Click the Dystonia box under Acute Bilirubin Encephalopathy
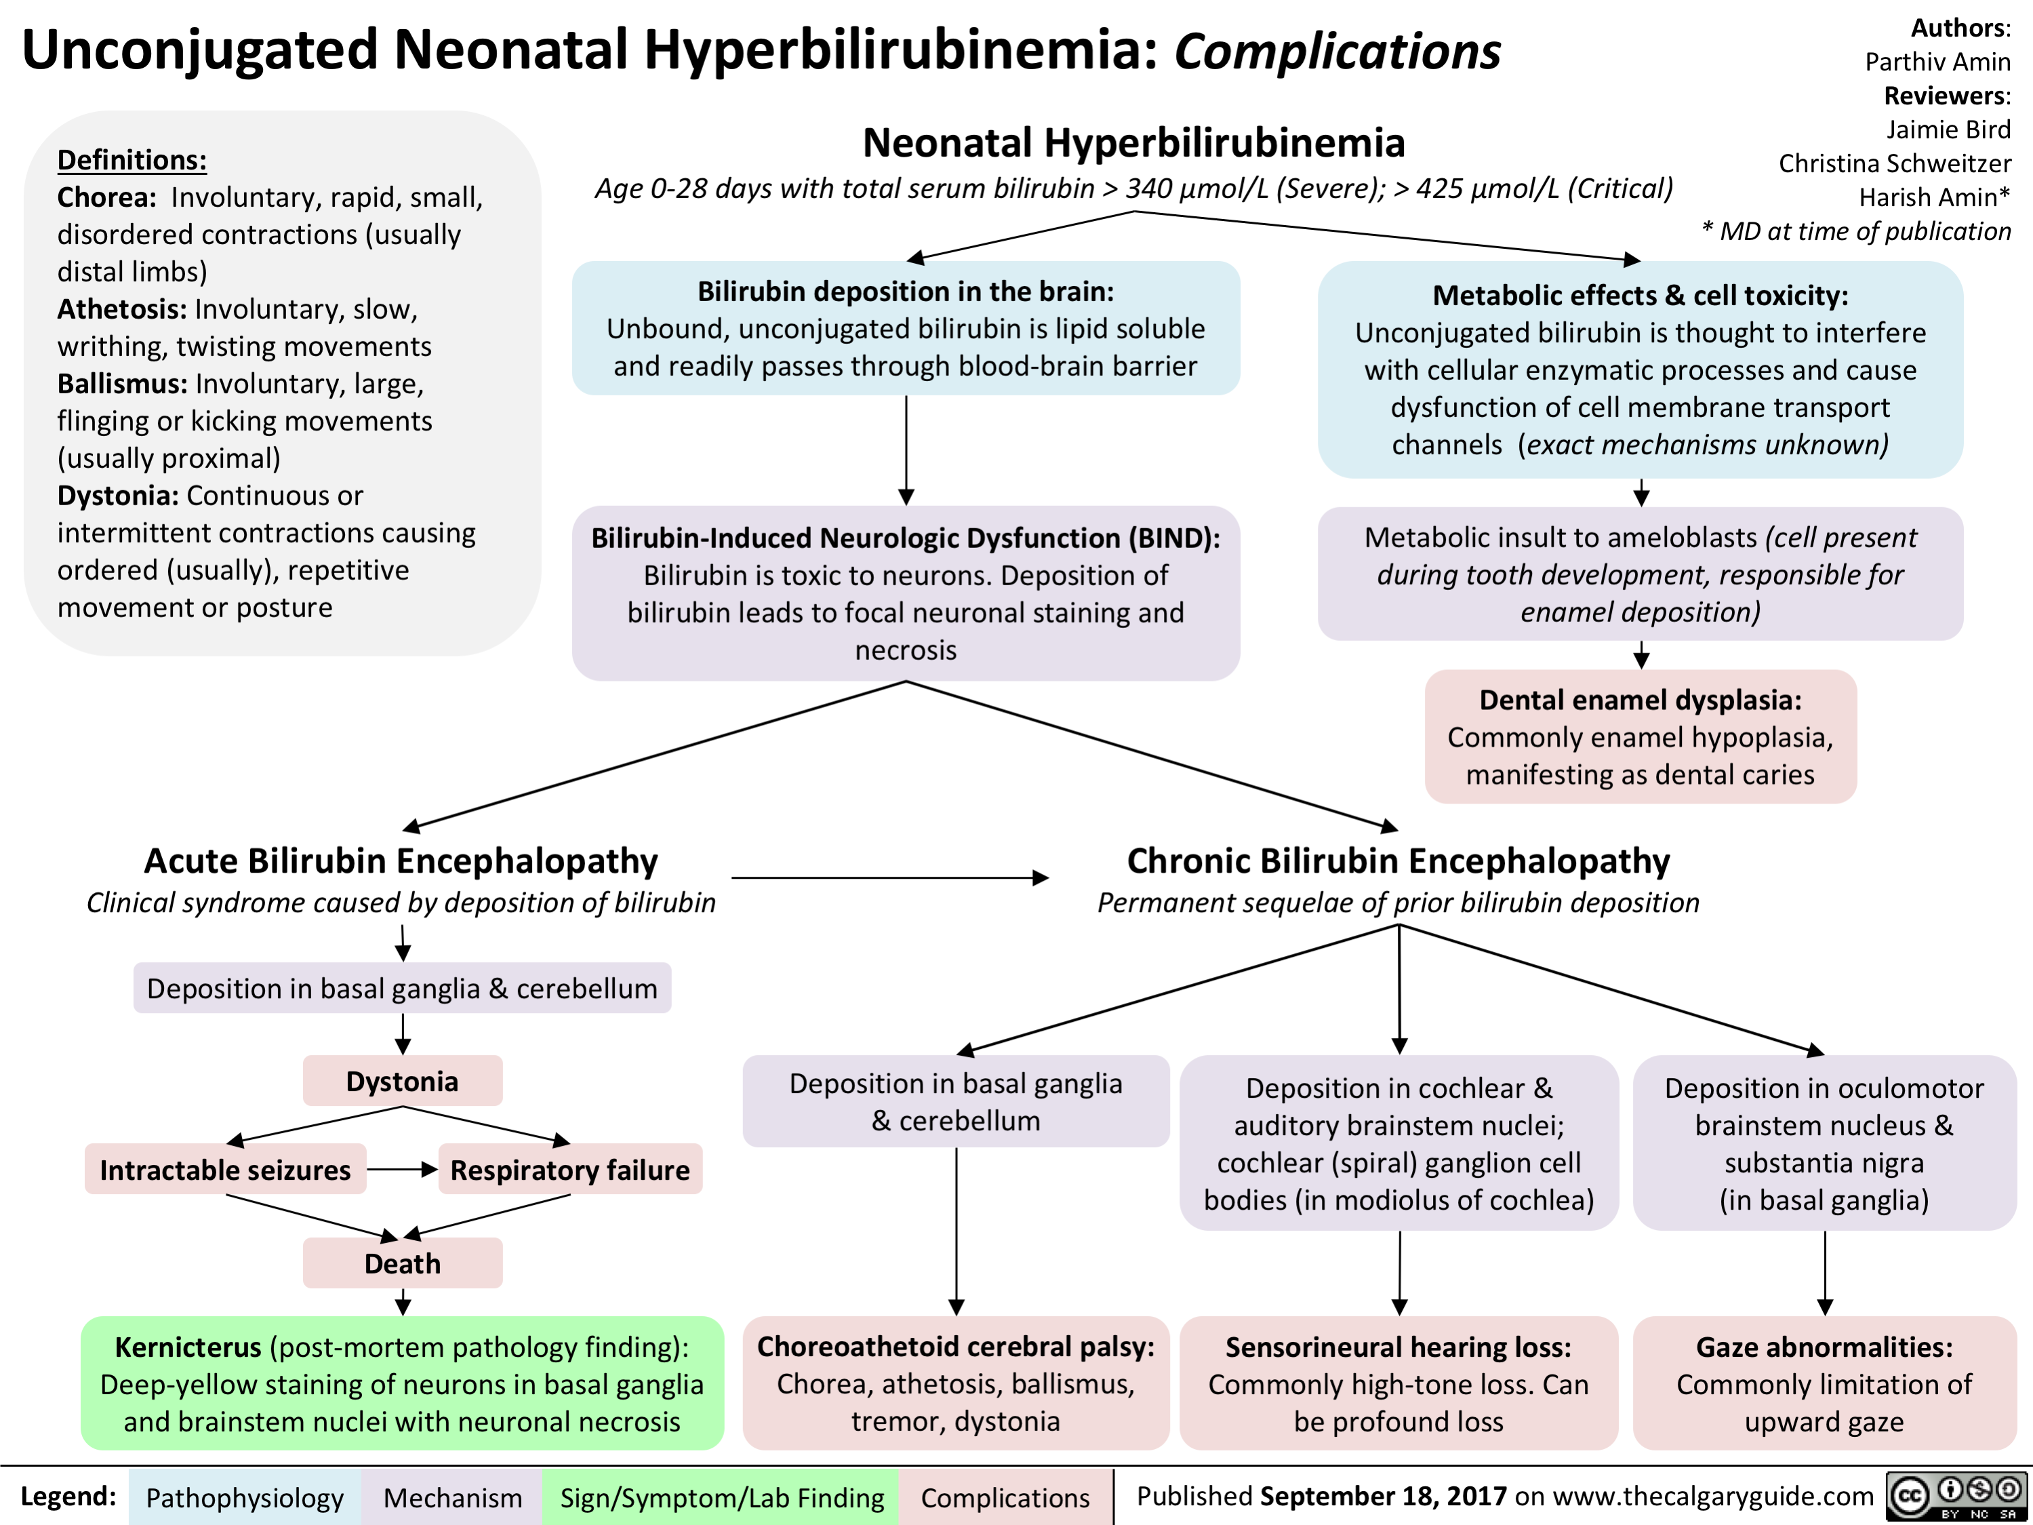click(403, 1080)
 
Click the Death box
click(403, 1263)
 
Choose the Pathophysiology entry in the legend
click(245, 1497)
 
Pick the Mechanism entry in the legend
click(452, 1497)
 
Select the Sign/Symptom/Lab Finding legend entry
click(721, 1497)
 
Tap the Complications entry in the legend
click(1005, 1497)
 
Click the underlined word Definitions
click(132, 160)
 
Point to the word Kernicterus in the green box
click(188, 1347)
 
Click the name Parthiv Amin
click(1937, 62)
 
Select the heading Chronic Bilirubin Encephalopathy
click(1398, 860)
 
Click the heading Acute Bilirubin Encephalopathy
click(401, 860)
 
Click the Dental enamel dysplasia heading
click(1641, 700)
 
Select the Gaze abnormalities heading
click(1824, 1347)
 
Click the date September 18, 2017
click(1383, 1496)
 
